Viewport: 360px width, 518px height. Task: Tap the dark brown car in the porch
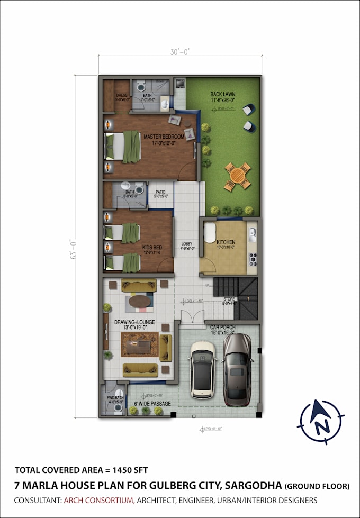[x=237, y=369]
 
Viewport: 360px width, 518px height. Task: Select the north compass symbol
[x=321, y=421]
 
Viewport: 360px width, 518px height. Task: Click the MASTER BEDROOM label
[x=164, y=137]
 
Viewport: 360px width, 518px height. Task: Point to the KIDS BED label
[x=152, y=247]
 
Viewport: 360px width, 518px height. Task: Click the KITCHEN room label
[x=226, y=242]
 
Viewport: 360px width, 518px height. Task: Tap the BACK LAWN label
[x=222, y=94]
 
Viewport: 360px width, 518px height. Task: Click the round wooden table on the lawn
[x=237, y=176]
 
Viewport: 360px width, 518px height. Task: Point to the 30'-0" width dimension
[x=180, y=52]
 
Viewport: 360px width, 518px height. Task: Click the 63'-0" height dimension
[x=80, y=248]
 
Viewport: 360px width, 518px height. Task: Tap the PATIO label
[x=161, y=193]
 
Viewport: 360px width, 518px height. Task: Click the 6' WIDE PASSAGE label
[x=154, y=404]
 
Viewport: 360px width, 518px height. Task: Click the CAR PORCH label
[x=222, y=328]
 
